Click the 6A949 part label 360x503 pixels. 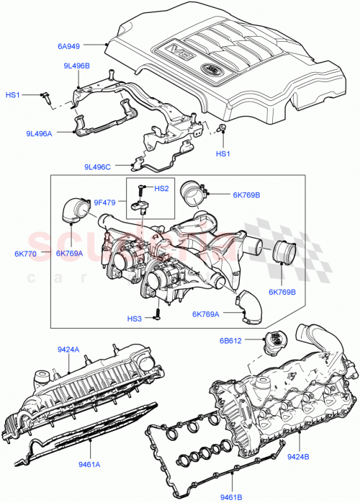[x=89, y=45]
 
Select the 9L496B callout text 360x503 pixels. [x=76, y=66]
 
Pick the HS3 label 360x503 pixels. [x=135, y=318]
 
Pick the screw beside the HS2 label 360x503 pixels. [x=141, y=190]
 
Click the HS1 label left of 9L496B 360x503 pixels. [x=14, y=94]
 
